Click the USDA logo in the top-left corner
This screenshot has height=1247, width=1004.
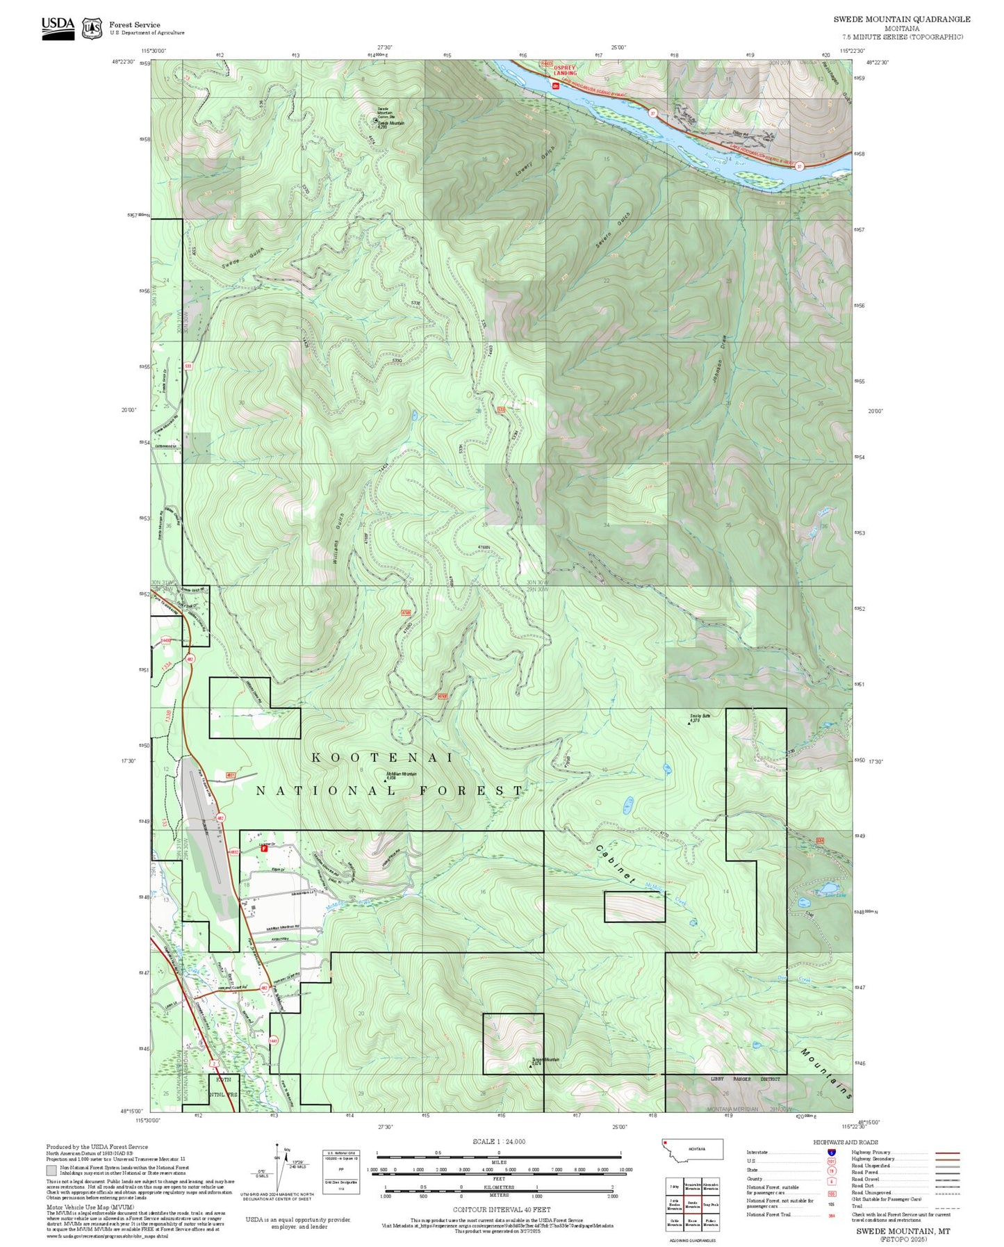[x=58, y=28]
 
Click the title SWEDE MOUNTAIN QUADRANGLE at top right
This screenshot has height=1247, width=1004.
[x=902, y=19]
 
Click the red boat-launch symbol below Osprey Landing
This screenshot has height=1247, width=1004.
[x=555, y=85]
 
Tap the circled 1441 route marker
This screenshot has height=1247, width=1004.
[x=273, y=1041]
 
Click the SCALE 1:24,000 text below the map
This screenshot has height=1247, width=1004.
[x=498, y=1141]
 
